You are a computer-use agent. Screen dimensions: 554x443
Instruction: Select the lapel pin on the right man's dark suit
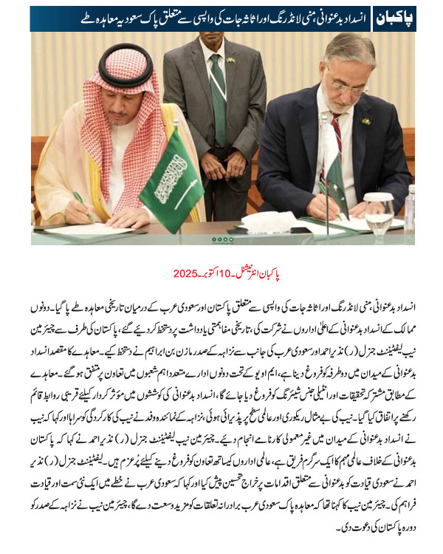tap(366, 120)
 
